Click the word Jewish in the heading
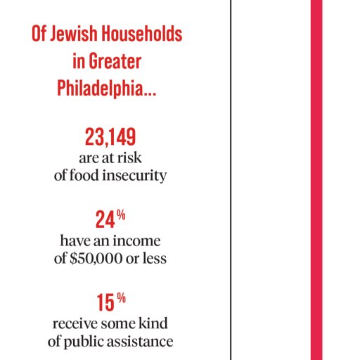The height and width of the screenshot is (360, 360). (74, 34)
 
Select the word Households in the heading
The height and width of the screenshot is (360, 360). (142, 34)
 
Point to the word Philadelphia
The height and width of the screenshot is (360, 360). (106, 89)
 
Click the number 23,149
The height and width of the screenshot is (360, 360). (110, 137)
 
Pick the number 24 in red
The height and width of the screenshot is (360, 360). (105, 219)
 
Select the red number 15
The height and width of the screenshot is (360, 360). (105, 302)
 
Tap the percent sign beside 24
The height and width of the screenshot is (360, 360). (121, 214)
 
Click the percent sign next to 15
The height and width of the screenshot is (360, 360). (121, 298)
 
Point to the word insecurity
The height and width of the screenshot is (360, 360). (134, 176)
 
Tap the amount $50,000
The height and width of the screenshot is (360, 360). (96, 259)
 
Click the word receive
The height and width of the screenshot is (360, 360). (75, 323)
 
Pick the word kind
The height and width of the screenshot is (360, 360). (153, 323)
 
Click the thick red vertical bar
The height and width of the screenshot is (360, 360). (316, 180)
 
